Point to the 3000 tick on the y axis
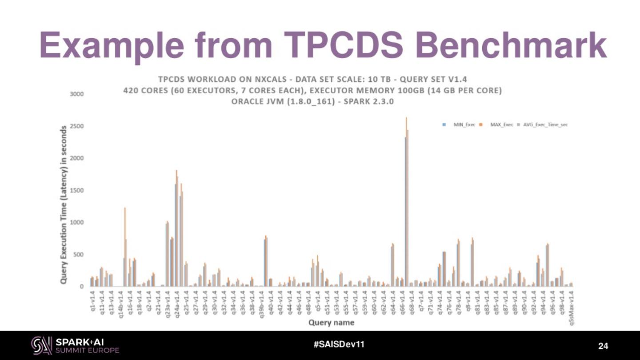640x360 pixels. tap(76, 94)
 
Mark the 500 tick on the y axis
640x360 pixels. tap(78, 255)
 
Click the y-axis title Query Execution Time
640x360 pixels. tap(64, 205)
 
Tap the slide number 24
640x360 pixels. tap(603, 346)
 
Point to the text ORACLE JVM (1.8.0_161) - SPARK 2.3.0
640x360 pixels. tap(312, 101)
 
